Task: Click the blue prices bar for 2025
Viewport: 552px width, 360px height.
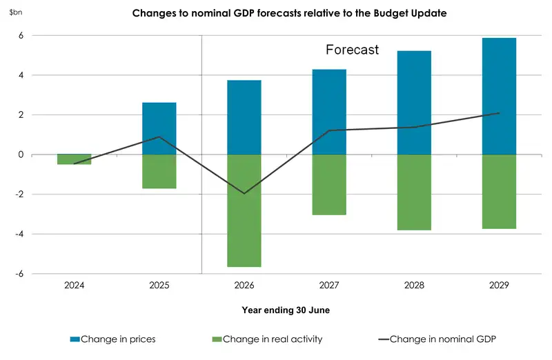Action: click(x=159, y=128)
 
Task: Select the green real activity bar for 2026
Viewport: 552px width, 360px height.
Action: click(x=244, y=210)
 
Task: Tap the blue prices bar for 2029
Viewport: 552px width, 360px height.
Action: click(x=499, y=96)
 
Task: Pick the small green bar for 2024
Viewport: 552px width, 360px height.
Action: click(x=74, y=159)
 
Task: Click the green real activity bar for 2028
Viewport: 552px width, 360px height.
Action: click(x=414, y=192)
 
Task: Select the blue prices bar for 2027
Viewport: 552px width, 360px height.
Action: click(x=329, y=112)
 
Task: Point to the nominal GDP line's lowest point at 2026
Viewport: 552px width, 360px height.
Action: click(x=244, y=193)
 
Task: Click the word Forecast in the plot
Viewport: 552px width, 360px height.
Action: click(x=352, y=50)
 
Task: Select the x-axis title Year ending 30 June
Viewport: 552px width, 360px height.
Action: click(x=286, y=310)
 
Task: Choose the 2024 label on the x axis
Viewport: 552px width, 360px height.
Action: click(x=74, y=285)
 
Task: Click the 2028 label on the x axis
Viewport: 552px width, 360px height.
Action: click(x=414, y=285)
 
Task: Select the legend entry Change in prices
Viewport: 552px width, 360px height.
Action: click(x=113, y=339)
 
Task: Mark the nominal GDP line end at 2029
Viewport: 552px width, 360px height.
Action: click(x=499, y=113)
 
